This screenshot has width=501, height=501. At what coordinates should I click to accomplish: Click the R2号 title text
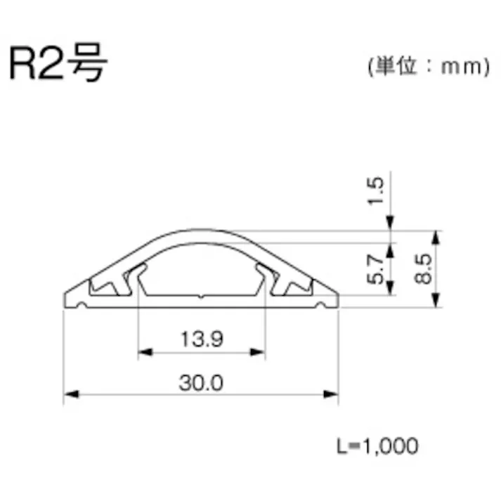point(58,65)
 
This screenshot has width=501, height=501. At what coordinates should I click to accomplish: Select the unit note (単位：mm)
point(427,67)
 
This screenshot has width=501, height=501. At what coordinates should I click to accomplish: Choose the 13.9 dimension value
point(201,340)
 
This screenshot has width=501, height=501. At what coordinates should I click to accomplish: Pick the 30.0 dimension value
point(201,384)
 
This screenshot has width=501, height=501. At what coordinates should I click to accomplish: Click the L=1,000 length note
point(377,445)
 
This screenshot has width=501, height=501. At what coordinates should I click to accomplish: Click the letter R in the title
point(22,66)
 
